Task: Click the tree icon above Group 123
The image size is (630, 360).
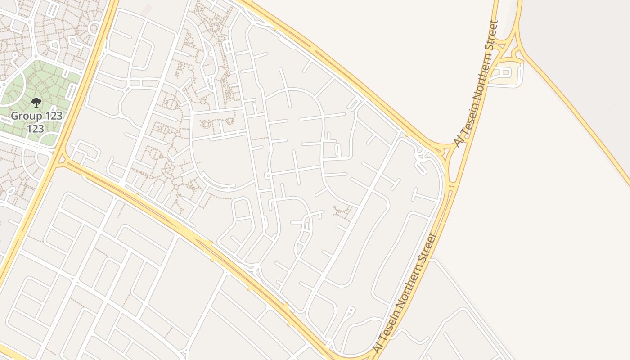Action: pyautogui.click(x=36, y=103)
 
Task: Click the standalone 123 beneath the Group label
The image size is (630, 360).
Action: pyautogui.click(x=35, y=129)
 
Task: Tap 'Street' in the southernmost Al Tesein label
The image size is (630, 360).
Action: pyautogui.click(x=428, y=247)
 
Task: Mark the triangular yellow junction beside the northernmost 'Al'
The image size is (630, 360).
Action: pyautogui.click(x=447, y=150)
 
